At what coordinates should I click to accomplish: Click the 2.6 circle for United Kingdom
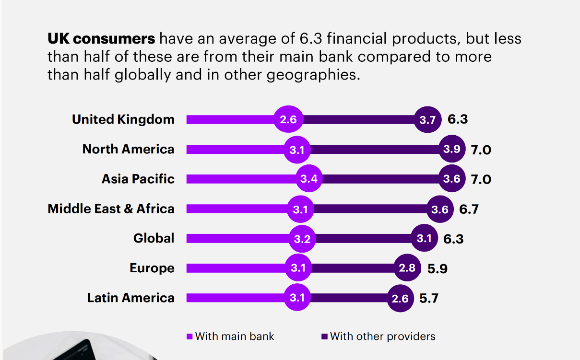tap(288, 119)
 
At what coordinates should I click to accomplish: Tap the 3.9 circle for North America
tap(452, 149)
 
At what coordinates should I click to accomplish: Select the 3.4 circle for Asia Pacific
tap(309, 179)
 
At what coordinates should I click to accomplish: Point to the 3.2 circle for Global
tap(302, 239)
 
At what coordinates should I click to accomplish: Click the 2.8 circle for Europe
tap(407, 268)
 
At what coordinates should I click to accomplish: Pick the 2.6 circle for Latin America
tap(400, 299)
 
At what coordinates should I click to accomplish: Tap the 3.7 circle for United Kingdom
tap(427, 120)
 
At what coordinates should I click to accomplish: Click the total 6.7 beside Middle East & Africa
tap(469, 209)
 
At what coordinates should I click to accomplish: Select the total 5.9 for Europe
tap(438, 268)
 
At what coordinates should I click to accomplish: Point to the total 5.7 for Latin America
tap(429, 298)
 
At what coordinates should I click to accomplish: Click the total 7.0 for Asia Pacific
tap(481, 179)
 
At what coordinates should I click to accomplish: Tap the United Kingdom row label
tap(123, 119)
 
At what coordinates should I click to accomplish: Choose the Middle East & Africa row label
tap(111, 209)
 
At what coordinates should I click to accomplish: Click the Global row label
tap(154, 238)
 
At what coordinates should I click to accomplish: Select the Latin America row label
tap(130, 298)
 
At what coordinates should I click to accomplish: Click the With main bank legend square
tap(189, 337)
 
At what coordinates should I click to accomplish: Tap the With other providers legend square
tap(325, 337)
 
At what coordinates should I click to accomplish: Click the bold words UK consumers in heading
tap(101, 38)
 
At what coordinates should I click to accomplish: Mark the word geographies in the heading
tap(316, 75)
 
